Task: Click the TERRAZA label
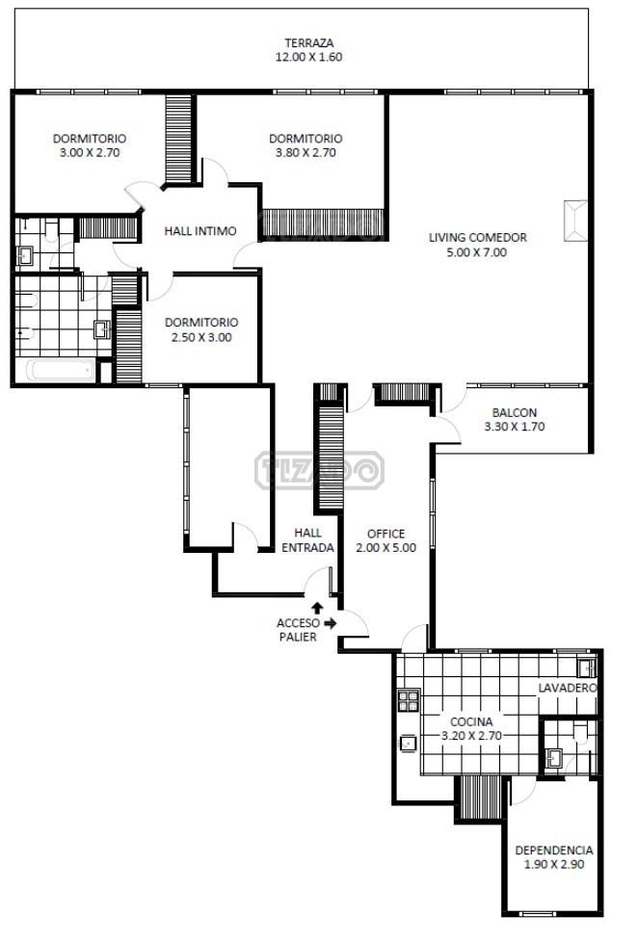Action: click(309, 43)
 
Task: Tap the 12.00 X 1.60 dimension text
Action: click(309, 57)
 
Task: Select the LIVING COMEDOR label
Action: click(477, 237)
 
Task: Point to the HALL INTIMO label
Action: click(200, 231)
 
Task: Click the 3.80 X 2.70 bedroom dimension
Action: click(306, 152)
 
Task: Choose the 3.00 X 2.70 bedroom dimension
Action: click(90, 152)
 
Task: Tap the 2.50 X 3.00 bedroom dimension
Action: click(201, 337)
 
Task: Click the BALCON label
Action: click(514, 412)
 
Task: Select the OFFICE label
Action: click(386, 534)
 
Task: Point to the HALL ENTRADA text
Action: click(307, 540)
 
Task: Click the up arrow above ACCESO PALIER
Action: click(317, 608)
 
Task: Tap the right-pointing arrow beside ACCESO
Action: click(331, 623)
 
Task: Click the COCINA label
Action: click(471, 721)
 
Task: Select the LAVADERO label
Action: click(567, 688)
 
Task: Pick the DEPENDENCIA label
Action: click(554, 850)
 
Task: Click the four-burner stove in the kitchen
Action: click(409, 700)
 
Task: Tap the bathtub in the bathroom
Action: click(63, 370)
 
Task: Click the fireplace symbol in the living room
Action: click(575, 221)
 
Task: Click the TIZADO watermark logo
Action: click(319, 470)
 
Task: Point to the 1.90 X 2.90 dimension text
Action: click(554, 865)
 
